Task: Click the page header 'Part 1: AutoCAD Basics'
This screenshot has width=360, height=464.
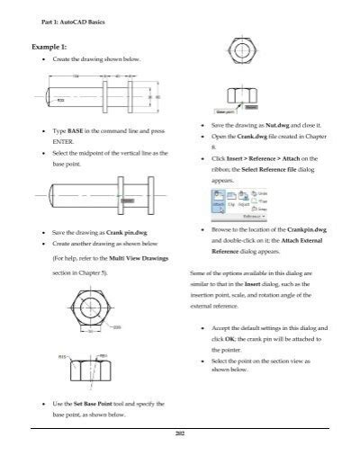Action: [70, 20]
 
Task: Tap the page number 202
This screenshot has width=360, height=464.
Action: [180, 434]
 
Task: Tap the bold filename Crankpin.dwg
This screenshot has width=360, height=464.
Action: [300, 230]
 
